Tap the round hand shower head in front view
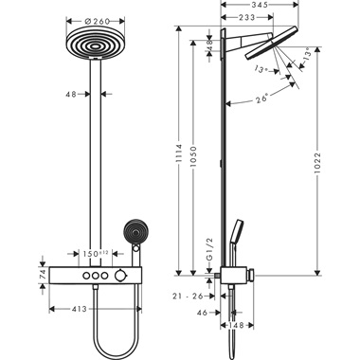pos(133,232)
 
